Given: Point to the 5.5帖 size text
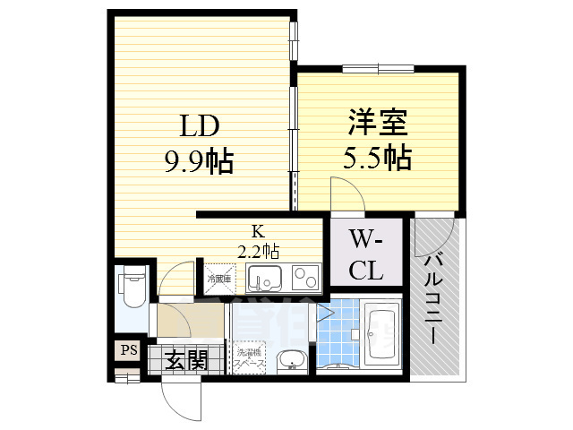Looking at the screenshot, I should click(x=377, y=159).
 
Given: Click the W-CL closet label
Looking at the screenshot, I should click(x=365, y=254).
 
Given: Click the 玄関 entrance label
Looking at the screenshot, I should click(x=187, y=361).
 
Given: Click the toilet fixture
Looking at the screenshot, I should click(x=130, y=287).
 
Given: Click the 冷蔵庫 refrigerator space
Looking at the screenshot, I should click(x=219, y=279).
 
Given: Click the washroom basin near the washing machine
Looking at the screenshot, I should click(x=293, y=361).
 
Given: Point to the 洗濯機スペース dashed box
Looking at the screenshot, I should click(x=252, y=357).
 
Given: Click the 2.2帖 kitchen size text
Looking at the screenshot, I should click(x=258, y=251).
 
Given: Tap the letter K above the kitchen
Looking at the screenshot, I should click(x=258, y=235).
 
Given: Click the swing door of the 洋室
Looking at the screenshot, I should click(x=345, y=195).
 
